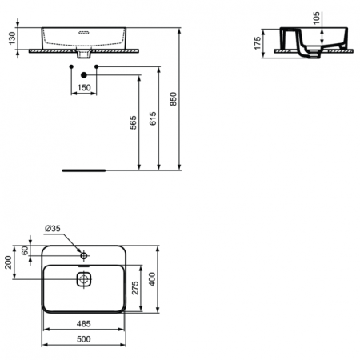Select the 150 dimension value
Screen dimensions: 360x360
[x=84, y=86]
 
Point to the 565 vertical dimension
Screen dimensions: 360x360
[x=134, y=122]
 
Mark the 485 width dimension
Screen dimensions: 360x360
[x=82, y=324]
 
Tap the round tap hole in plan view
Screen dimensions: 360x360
[x=83, y=254]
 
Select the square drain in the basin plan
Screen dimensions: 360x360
[x=83, y=279]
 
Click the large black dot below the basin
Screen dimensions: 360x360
[x=83, y=74]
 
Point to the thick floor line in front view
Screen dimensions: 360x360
[x=84, y=170]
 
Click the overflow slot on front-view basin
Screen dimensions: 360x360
[x=83, y=34]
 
